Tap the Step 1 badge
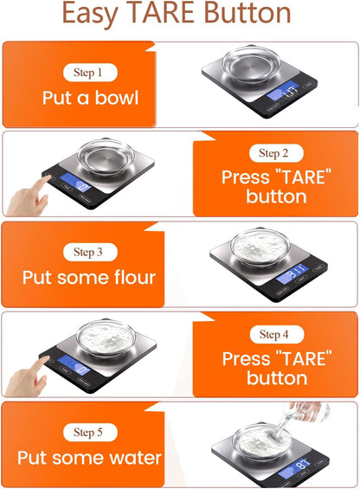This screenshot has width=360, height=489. click(91, 73)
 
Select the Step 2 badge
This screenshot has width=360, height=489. click(268, 153)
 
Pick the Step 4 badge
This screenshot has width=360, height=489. click(269, 334)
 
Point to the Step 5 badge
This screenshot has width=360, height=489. click(90, 432)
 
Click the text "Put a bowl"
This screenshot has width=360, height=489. click(90, 98)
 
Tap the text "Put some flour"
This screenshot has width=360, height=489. click(89, 278)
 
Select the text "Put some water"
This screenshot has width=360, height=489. click(89, 458)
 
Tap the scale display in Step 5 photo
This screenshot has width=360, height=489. click(304, 464)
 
